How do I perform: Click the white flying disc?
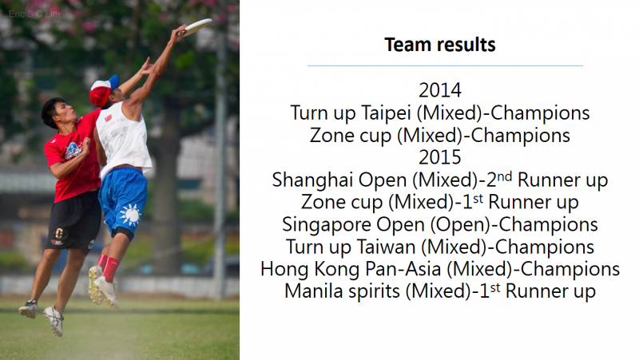click(197, 27)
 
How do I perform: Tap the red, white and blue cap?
click(104, 89)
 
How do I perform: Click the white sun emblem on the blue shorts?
click(130, 214)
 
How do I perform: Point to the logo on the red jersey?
click(73, 151)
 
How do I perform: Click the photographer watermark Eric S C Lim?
click(34, 14)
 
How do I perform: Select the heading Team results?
click(440, 45)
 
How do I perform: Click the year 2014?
click(440, 90)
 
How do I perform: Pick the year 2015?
click(440, 157)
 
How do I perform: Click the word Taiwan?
click(387, 247)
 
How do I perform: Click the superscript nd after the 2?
click(505, 176)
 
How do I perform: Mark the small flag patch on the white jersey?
click(108, 118)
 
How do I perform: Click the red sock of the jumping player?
click(110, 269)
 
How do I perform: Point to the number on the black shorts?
click(58, 233)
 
